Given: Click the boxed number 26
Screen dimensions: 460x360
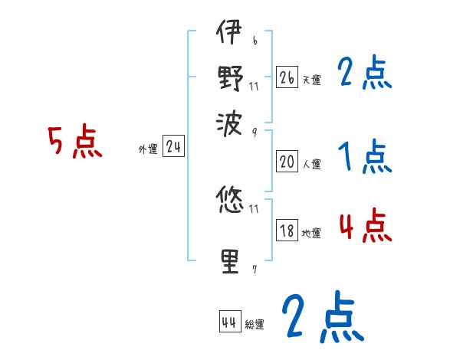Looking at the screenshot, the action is (x=287, y=77).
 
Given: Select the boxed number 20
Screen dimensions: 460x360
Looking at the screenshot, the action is (x=287, y=162).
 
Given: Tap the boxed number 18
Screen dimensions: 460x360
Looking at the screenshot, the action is (x=287, y=231).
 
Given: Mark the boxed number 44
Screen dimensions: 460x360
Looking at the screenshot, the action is (x=228, y=322).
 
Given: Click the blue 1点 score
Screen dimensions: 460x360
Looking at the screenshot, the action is (x=365, y=158).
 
